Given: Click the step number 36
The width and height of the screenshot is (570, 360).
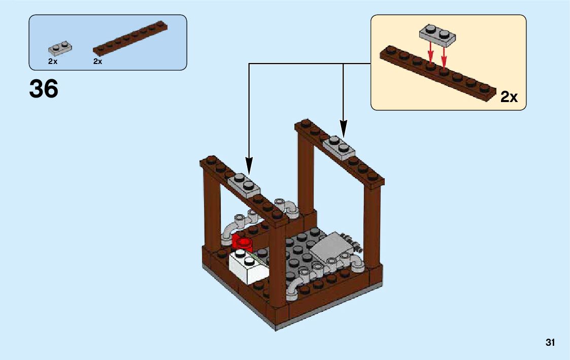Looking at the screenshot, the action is [x=44, y=89].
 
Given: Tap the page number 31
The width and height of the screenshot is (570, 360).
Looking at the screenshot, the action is [x=550, y=343].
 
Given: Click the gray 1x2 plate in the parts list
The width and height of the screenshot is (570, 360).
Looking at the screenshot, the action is [x=60, y=49].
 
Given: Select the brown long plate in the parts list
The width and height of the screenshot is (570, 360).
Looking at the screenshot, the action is [x=131, y=38].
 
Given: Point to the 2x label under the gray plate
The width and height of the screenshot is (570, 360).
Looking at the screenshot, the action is [x=53, y=61].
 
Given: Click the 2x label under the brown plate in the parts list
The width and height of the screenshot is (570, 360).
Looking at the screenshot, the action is [x=98, y=61].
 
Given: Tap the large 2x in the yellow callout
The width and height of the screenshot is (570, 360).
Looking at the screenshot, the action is [x=509, y=97].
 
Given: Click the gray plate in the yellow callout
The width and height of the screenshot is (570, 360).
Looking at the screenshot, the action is [x=437, y=34].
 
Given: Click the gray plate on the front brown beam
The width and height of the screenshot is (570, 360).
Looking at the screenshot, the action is [x=245, y=185].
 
